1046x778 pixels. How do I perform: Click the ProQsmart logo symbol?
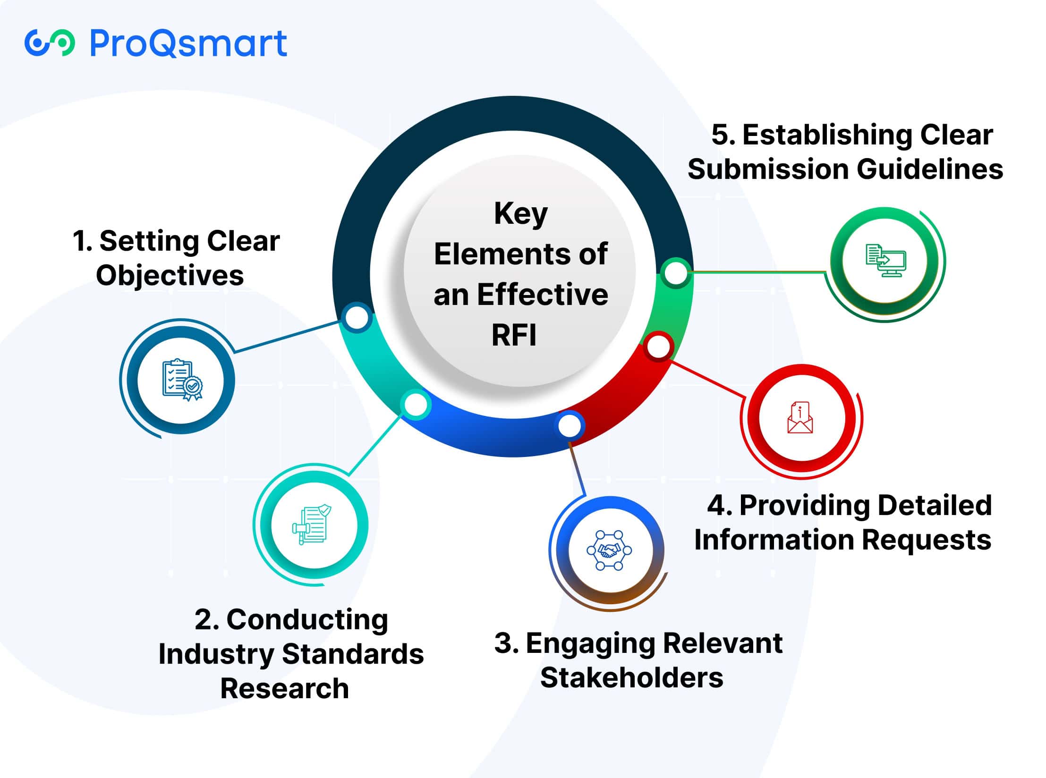click(x=50, y=43)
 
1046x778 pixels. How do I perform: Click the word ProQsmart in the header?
click(x=188, y=43)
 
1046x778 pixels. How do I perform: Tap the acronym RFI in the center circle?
click(x=514, y=335)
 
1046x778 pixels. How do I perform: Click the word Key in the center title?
click(x=520, y=214)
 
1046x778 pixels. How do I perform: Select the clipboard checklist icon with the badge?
click(x=182, y=380)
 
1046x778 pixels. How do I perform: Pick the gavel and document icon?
click(x=312, y=525)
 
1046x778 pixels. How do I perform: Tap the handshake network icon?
click(x=609, y=550)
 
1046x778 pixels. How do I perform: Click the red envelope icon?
click(x=800, y=418)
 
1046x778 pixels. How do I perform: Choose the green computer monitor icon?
click(x=885, y=261)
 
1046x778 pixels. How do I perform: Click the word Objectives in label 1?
click(x=170, y=276)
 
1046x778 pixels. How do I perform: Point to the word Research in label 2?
click(x=284, y=688)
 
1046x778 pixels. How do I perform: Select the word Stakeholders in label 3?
click(x=631, y=677)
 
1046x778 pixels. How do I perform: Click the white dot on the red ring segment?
click(x=658, y=347)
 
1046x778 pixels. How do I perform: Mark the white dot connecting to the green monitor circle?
click(x=676, y=273)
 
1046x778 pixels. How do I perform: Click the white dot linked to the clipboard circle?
click(x=357, y=318)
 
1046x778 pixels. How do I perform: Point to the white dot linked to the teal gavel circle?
click(x=416, y=405)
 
